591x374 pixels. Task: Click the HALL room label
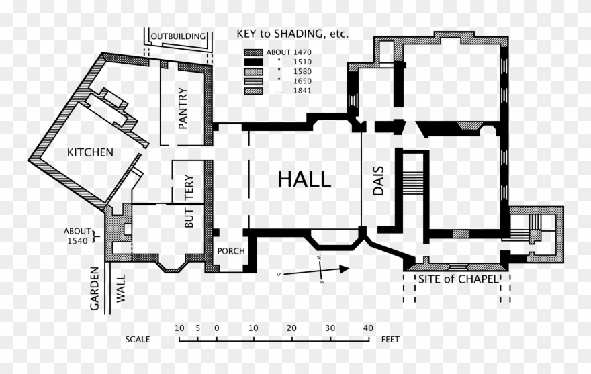click(304, 179)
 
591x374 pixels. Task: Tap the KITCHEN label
click(90, 152)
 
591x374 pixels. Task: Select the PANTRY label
click(183, 108)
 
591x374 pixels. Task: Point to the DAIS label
click(378, 181)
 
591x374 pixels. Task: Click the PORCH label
click(230, 252)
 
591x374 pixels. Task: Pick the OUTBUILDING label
click(178, 36)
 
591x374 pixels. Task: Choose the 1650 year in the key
click(303, 81)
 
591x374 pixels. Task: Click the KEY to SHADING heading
click(292, 34)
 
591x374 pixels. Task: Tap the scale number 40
click(367, 328)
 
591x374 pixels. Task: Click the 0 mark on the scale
click(217, 328)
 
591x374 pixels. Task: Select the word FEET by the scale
click(390, 340)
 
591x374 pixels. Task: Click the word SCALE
click(138, 340)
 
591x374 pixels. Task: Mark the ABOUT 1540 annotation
click(77, 236)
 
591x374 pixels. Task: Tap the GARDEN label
click(95, 289)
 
